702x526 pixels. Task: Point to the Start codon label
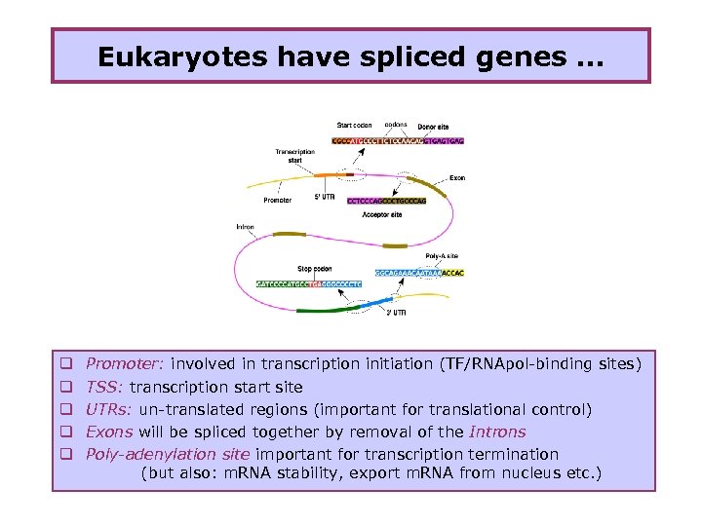354,126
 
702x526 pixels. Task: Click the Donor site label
433,127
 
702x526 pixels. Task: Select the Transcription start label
294,156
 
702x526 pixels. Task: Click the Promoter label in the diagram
277,201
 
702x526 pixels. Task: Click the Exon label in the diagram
457,178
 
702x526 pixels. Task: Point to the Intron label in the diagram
245,227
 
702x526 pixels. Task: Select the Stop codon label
315,269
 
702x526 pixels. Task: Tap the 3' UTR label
395,313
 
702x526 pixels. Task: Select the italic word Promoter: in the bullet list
125,363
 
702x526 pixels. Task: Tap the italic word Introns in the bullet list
497,432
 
